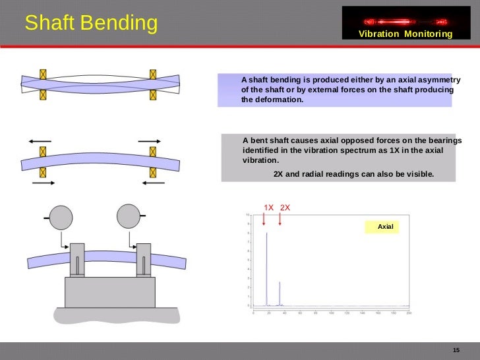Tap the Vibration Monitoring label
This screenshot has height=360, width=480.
coord(405,34)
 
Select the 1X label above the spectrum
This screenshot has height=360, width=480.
coord(269,208)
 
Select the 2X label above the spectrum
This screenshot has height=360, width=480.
coord(285,208)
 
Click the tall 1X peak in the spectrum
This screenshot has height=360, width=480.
coord(266,264)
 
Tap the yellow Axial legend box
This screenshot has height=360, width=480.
coord(385,227)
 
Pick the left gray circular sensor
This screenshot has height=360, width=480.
coord(61,217)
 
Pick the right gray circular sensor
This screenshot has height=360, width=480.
coord(129,216)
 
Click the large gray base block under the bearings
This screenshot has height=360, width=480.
coord(109,292)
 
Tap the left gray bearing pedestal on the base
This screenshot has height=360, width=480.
coord(77,260)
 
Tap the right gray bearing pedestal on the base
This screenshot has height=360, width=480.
coord(144,260)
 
